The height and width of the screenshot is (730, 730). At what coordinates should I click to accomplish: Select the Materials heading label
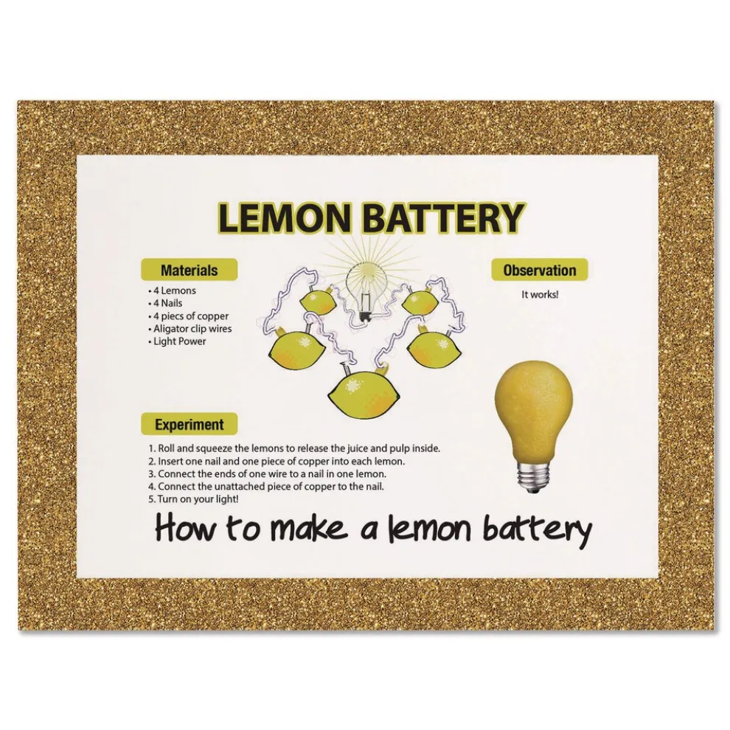(x=189, y=270)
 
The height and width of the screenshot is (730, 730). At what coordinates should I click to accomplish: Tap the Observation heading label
(x=540, y=270)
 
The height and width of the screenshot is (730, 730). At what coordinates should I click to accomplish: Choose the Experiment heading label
(x=189, y=425)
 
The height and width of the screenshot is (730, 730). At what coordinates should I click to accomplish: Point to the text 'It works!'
(x=540, y=295)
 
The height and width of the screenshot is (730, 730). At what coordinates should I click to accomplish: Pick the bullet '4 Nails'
(x=165, y=303)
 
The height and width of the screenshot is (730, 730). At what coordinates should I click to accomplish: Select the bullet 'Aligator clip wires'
(x=190, y=329)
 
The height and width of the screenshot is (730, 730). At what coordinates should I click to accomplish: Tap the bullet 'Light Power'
(x=177, y=341)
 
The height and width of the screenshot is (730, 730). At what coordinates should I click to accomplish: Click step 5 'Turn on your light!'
(x=194, y=499)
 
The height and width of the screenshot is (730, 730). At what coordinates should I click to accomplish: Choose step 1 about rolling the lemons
(x=294, y=449)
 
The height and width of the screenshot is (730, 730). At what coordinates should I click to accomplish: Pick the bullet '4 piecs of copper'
(x=189, y=316)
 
